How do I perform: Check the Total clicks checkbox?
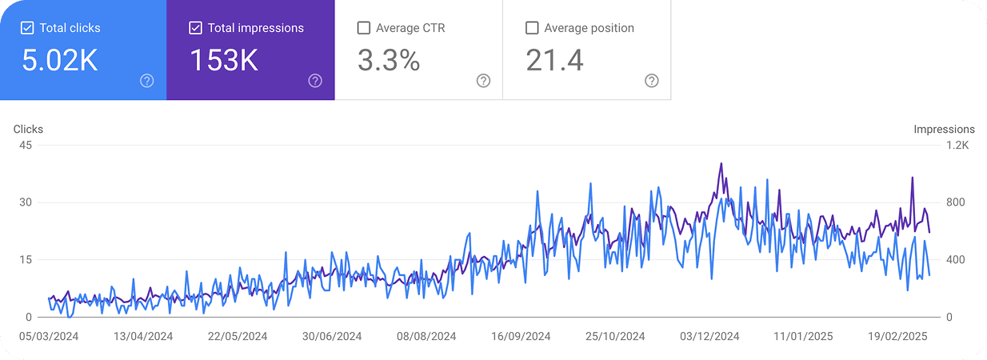pyautogui.click(x=27, y=28)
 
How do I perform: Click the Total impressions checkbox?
pyautogui.click(x=195, y=28)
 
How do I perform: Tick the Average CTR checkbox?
pyautogui.click(x=364, y=28)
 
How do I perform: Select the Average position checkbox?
pyautogui.click(x=532, y=28)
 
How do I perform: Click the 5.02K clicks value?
pyautogui.click(x=60, y=60)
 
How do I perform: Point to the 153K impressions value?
pyautogui.click(x=224, y=60)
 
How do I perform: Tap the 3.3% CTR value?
pyautogui.click(x=389, y=60)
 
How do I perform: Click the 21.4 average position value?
pyautogui.click(x=554, y=60)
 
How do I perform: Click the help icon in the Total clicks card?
pyautogui.click(x=146, y=80)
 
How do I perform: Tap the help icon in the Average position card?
pyautogui.click(x=652, y=80)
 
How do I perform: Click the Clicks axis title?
pyautogui.click(x=28, y=129)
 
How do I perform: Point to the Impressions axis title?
pyautogui.click(x=944, y=129)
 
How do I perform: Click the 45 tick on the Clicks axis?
pyautogui.click(x=26, y=145)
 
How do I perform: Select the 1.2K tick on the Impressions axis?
pyautogui.click(x=957, y=145)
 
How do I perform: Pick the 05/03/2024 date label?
pyautogui.click(x=50, y=337)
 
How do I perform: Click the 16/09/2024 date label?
pyautogui.click(x=521, y=337)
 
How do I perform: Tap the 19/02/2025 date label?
pyautogui.click(x=897, y=337)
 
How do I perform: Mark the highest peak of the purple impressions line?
pyautogui.click(x=721, y=163)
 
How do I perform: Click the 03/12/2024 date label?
pyautogui.click(x=709, y=337)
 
